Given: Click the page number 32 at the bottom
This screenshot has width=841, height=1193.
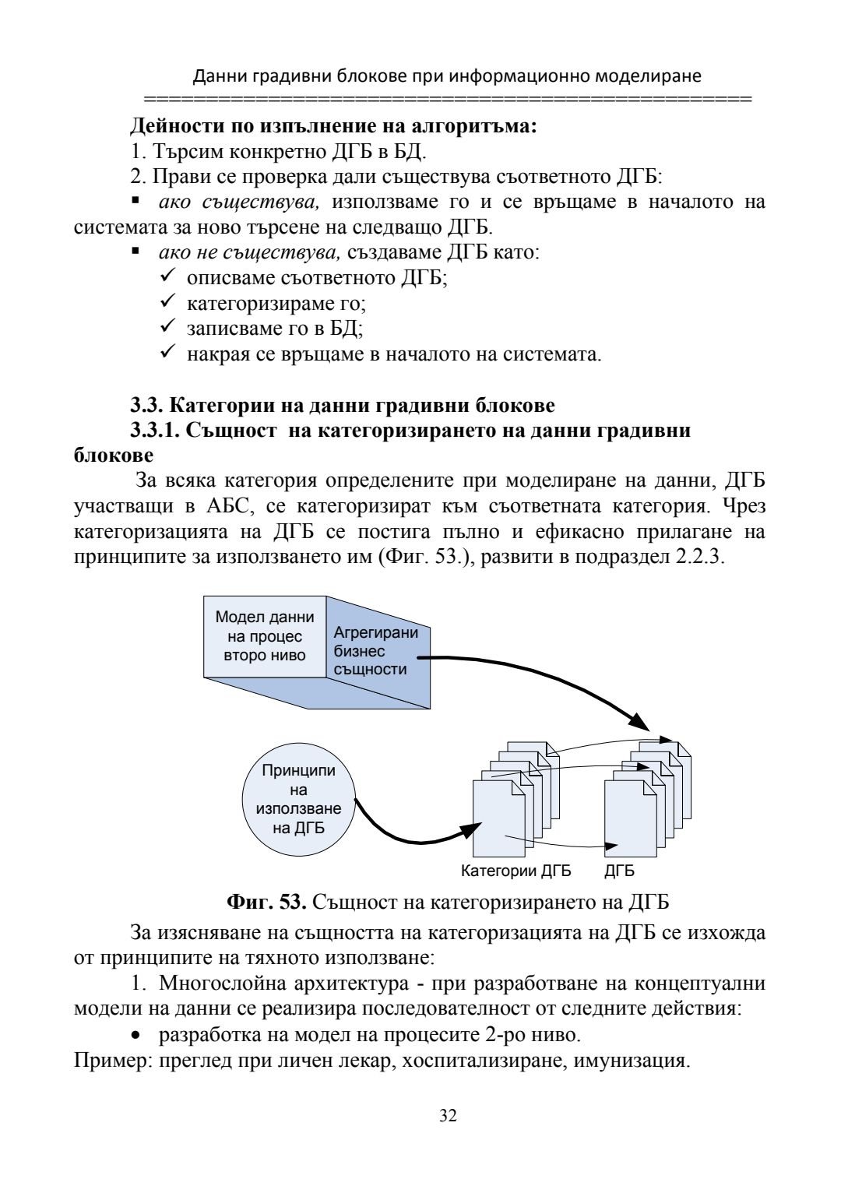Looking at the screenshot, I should coord(448,1116).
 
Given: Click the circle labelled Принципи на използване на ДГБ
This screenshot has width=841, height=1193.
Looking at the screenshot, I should coord(298,799).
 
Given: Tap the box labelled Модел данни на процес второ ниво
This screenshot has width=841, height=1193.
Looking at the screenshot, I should coord(265,636).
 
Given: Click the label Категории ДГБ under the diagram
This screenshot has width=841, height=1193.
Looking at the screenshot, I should coord(516,871).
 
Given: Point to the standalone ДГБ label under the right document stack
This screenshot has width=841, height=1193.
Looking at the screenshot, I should coord(619,871).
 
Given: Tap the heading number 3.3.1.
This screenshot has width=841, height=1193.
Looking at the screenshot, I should coord(156,430).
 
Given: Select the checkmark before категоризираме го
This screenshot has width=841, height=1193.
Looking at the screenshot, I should coord(169,302).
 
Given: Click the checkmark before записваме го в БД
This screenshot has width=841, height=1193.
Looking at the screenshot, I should coord(169,328).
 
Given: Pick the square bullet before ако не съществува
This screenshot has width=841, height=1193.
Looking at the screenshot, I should coord(135,252).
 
